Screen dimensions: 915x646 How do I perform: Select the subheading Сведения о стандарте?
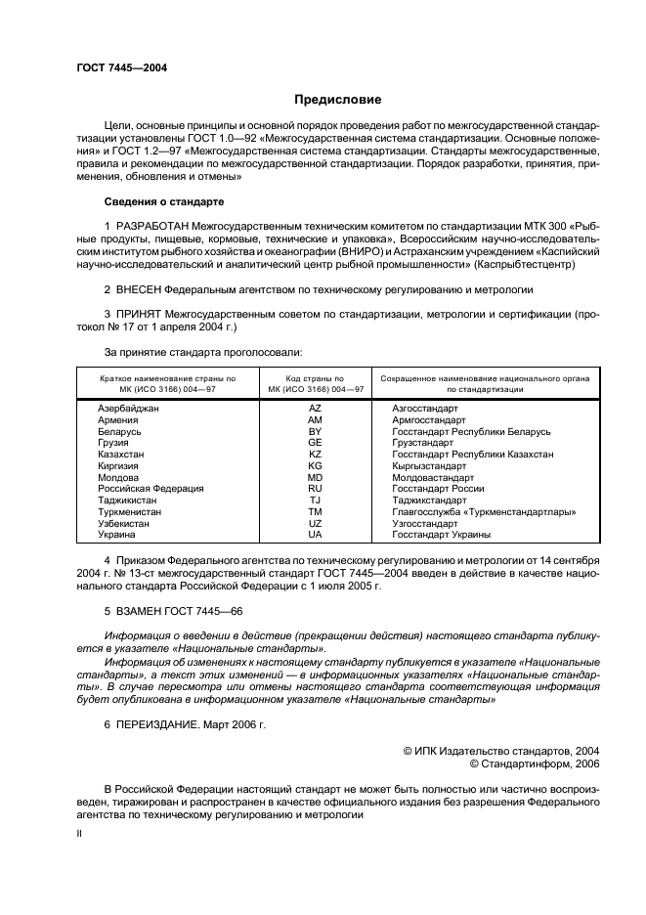pyautogui.click(x=164, y=201)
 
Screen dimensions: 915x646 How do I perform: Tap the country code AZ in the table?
pyautogui.click(x=315, y=409)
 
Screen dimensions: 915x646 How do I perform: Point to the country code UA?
pyautogui.click(x=315, y=535)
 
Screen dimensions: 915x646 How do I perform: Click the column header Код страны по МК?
pyautogui.click(x=315, y=383)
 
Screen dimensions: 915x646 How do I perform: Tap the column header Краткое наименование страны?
pyautogui.click(x=167, y=383)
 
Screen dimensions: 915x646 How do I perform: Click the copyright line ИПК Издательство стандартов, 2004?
pyautogui.click(x=501, y=751)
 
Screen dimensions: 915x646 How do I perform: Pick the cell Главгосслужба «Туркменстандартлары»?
pyautogui.click(x=484, y=511)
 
